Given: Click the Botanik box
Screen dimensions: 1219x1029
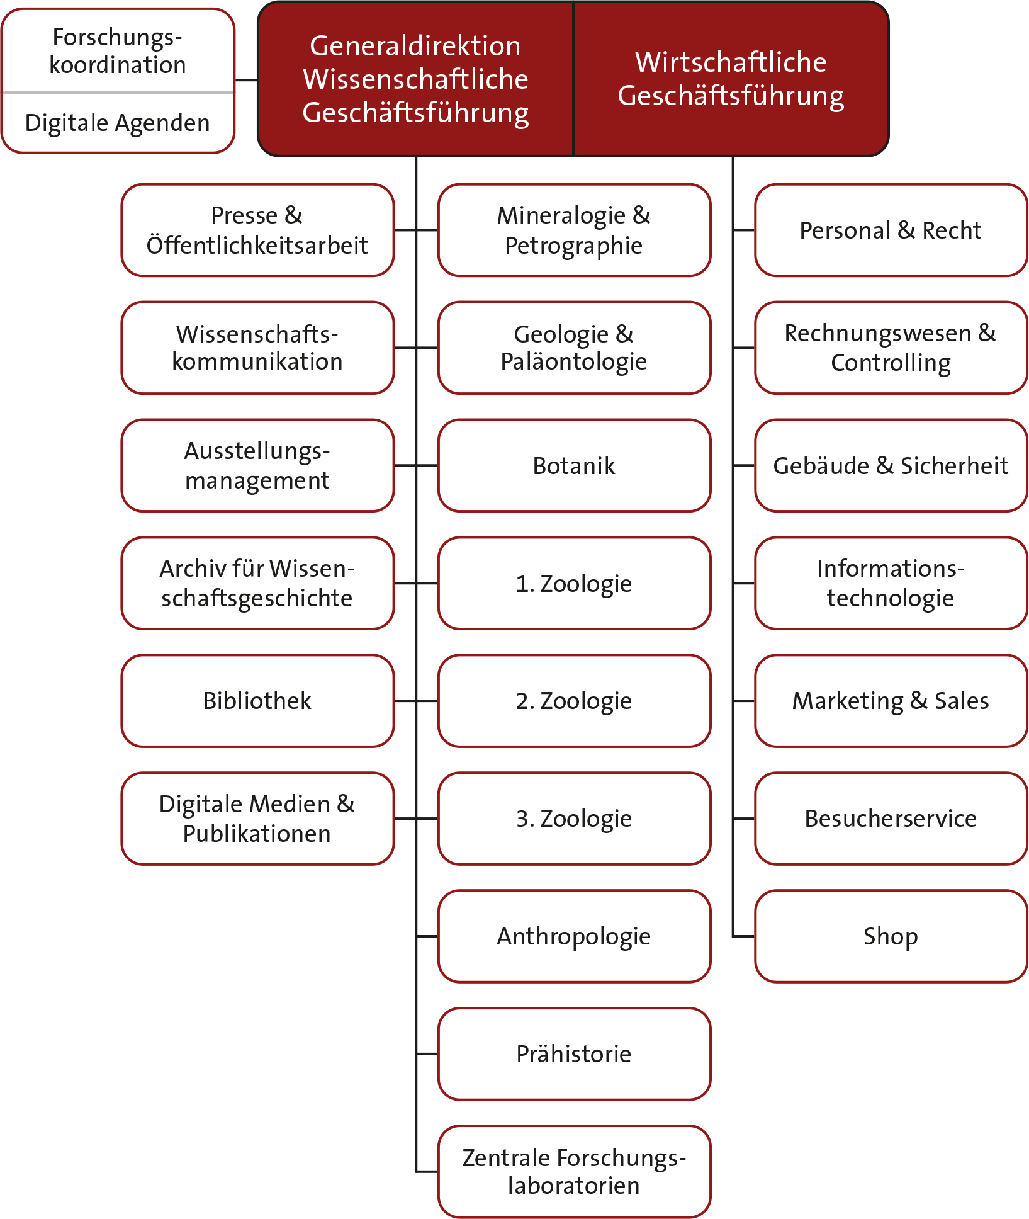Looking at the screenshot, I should click(x=574, y=466).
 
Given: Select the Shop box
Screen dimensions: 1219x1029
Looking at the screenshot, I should click(x=891, y=936).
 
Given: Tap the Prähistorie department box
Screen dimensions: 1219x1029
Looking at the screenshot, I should click(x=574, y=1054).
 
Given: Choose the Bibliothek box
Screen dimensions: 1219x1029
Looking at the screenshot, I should click(x=257, y=701).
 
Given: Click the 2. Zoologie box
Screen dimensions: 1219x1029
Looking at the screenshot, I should click(x=574, y=701).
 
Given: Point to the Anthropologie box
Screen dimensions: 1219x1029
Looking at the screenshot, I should click(x=574, y=936).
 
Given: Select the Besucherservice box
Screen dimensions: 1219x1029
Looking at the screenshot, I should click(x=891, y=819).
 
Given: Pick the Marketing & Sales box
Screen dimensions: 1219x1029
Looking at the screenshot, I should click(x=891, y=701).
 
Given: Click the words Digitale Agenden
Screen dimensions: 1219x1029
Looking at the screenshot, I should click(x=118, y=123).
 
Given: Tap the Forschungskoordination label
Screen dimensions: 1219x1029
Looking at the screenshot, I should click(x=118, y=51).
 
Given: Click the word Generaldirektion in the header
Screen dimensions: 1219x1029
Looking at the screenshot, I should click(x=415, y=46).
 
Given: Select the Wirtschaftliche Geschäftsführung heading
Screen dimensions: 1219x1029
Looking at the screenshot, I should click(x=731, y=79).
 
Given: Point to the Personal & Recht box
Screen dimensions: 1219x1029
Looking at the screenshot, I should click(x=891, y=230).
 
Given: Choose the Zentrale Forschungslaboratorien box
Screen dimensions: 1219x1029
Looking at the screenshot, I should click(x=574, y=1172).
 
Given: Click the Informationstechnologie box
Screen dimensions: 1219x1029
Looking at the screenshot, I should click(x=891, y=583).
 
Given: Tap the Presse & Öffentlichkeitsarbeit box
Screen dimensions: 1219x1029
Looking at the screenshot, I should click(x=257, y=230).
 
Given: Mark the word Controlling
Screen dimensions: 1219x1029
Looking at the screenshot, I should click(x=891, y=363).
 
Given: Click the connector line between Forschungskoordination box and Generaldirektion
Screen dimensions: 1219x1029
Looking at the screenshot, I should click(x=246, y=81).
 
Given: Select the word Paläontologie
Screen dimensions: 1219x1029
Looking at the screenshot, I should click(x=574, y=362).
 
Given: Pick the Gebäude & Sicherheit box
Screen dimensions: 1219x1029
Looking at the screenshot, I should click(x=891, y=466).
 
